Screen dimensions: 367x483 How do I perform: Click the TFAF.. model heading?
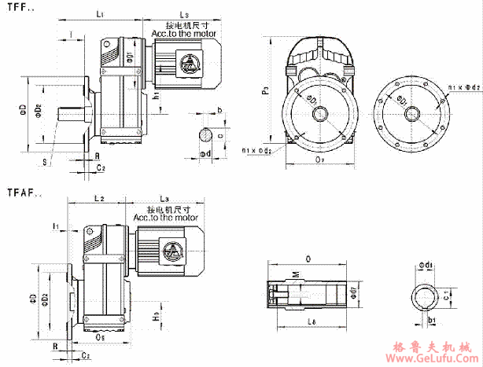tap(24, 192)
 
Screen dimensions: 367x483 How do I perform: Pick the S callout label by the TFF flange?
tap(46, 163)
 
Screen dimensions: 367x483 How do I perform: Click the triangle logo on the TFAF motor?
tap(170, 251)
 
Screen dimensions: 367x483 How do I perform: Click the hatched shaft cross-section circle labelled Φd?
tap(205, 134)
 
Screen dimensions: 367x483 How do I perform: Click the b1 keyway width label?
tap(431, 321)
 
